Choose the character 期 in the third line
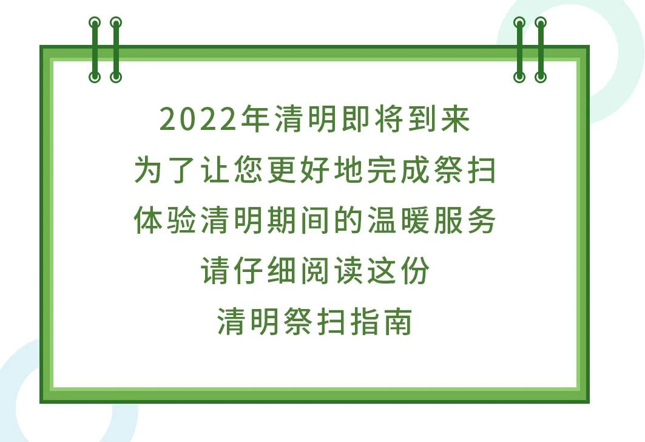282,222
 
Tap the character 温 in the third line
382,222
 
